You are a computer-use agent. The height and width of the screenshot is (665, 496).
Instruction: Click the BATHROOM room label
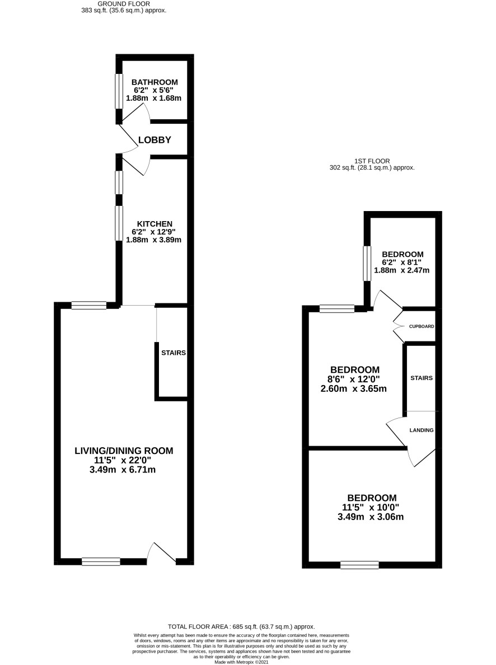pyautogui.click(x=155, y=82)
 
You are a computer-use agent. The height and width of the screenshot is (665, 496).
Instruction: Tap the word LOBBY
pyautogui.click(x=155, y=139)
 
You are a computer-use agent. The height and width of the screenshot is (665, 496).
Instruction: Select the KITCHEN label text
pyautogui.click(x=155, y=224)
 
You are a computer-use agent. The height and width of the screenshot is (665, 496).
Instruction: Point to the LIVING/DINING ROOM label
pyautogui.click(x=124, y=451)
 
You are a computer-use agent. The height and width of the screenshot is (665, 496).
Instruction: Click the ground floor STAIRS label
pyautogui.click(x=174, y=353)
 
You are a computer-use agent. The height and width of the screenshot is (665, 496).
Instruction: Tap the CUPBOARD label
pyautogui.click(x=422, y=326)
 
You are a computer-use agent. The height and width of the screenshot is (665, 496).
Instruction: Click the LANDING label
pyautogui.click(x=422, y=430)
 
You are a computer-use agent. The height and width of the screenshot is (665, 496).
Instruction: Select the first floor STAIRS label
pyautogui.click(x=422, y=378)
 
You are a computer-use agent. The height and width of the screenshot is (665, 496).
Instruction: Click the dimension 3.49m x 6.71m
pyautogui.click(x=123, y=470)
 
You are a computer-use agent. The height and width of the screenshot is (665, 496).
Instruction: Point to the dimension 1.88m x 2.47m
pyautogui.click(x=401, y=270)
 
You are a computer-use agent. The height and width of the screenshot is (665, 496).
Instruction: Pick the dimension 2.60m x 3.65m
pyautogui.click(x=353, y=388)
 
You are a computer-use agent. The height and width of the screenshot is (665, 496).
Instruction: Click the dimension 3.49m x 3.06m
pyautogui.click(x=371, y=517)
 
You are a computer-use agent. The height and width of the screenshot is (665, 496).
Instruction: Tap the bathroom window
pyautogui.click(x=119, y=91)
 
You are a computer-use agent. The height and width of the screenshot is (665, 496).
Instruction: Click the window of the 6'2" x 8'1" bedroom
pyautogui.click(x=367, y=264)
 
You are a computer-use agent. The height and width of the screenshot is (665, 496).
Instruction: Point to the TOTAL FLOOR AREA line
pyautogui.click(x=241, y=626)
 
